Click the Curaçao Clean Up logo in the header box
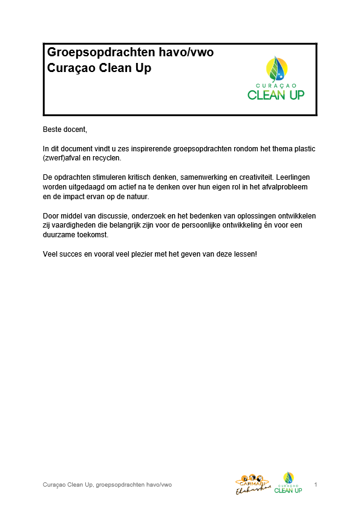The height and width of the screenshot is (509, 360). pos(276,79)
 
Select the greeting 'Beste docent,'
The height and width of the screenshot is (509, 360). pos(65,129)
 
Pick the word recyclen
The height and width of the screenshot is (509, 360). pos(107,158)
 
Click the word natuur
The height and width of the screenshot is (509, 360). pos(138,197)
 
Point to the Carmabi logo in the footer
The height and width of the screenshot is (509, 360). pos(251,484)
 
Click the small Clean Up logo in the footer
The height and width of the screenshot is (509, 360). pos(288,482)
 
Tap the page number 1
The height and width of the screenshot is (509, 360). pos(316,485)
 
